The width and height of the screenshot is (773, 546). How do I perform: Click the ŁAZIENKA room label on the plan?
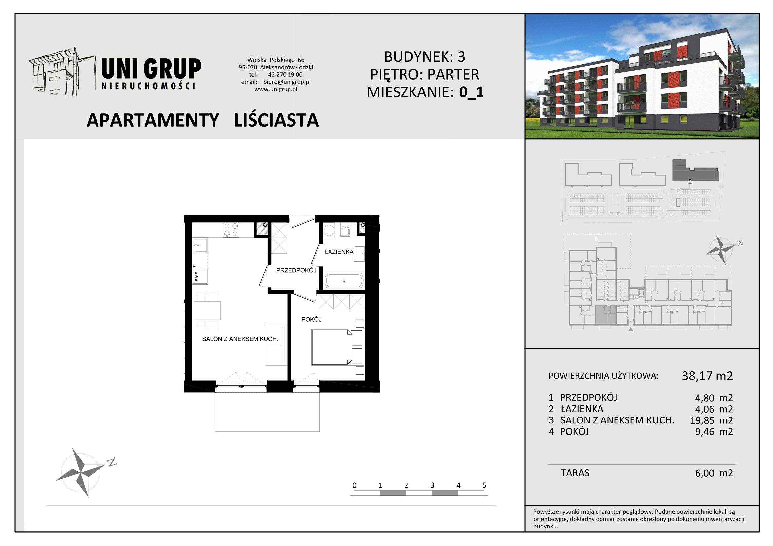(x=339, y=252)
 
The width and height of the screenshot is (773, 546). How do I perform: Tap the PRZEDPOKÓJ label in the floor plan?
(x=296, y=270)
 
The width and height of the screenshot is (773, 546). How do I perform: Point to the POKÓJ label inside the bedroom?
(x=311, y=320)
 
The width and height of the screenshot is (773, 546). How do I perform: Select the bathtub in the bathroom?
(x=344, y=280)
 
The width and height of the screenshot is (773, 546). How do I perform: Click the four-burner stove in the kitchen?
(x=231, y=230)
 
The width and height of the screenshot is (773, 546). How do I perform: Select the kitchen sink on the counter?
(x=200, y=245)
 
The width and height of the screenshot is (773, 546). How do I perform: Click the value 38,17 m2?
(x=707, y=376)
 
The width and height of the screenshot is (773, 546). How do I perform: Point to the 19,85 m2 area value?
(x=712, y=420)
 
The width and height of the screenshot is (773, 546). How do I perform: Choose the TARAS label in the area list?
(x=575, y=473)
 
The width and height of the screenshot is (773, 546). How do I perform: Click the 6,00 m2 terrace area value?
(x=714, y=473)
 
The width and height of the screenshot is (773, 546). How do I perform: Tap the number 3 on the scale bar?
(x=432, y=485)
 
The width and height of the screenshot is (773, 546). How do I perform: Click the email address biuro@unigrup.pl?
(x=287, y=82)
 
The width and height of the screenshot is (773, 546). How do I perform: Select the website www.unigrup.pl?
(x=276, y=89)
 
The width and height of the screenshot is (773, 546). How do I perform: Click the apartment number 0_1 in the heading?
(x=471, y=92)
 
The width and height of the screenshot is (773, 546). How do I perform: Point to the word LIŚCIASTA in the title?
(x=276, y=120)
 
